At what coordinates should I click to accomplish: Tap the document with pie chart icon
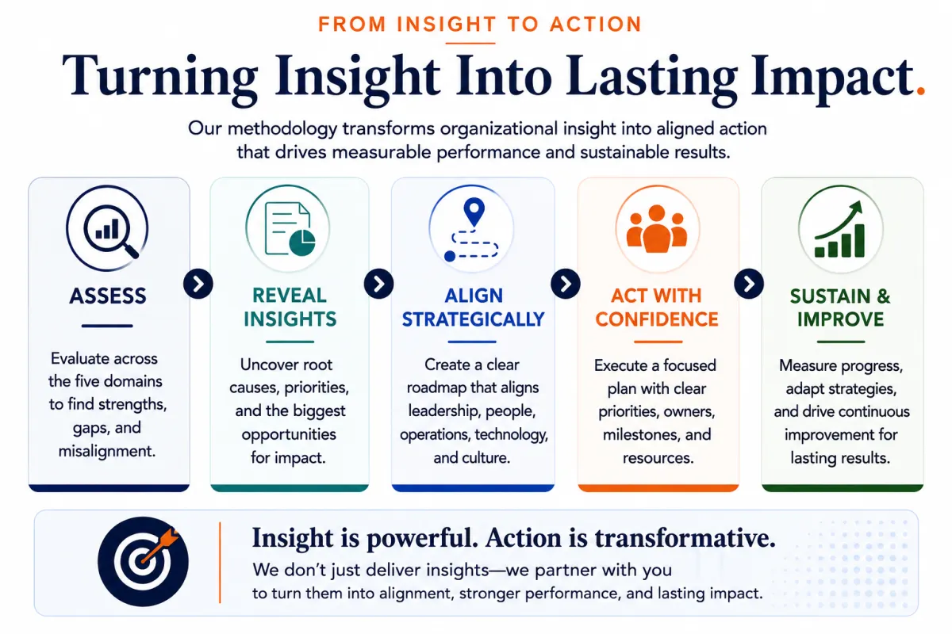(290, 229)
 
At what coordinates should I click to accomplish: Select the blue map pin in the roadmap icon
(474, 212)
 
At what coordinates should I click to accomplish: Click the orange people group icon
(657, 228)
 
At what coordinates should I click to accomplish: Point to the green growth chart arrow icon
(839, 229)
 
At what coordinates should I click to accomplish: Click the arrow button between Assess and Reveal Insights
(198, 284)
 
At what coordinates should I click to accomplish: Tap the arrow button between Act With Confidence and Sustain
(748, 284)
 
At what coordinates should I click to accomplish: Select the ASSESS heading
(108, 296)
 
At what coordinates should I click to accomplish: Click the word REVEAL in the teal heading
(290, 296)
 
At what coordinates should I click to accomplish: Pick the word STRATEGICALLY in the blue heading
(473, 319)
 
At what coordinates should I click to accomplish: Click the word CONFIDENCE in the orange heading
(657, 319)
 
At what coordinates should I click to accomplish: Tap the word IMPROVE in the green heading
(840, 319)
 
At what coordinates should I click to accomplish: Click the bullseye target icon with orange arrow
(143, 561)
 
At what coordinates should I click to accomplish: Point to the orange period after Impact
(920, 90)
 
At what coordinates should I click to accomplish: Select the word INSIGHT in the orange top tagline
(446, 24)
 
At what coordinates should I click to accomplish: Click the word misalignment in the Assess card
(107, 451)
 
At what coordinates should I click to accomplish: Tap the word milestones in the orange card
(635, 434)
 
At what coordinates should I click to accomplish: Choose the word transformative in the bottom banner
(685, 537)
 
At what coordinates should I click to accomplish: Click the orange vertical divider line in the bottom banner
(220, 562)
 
